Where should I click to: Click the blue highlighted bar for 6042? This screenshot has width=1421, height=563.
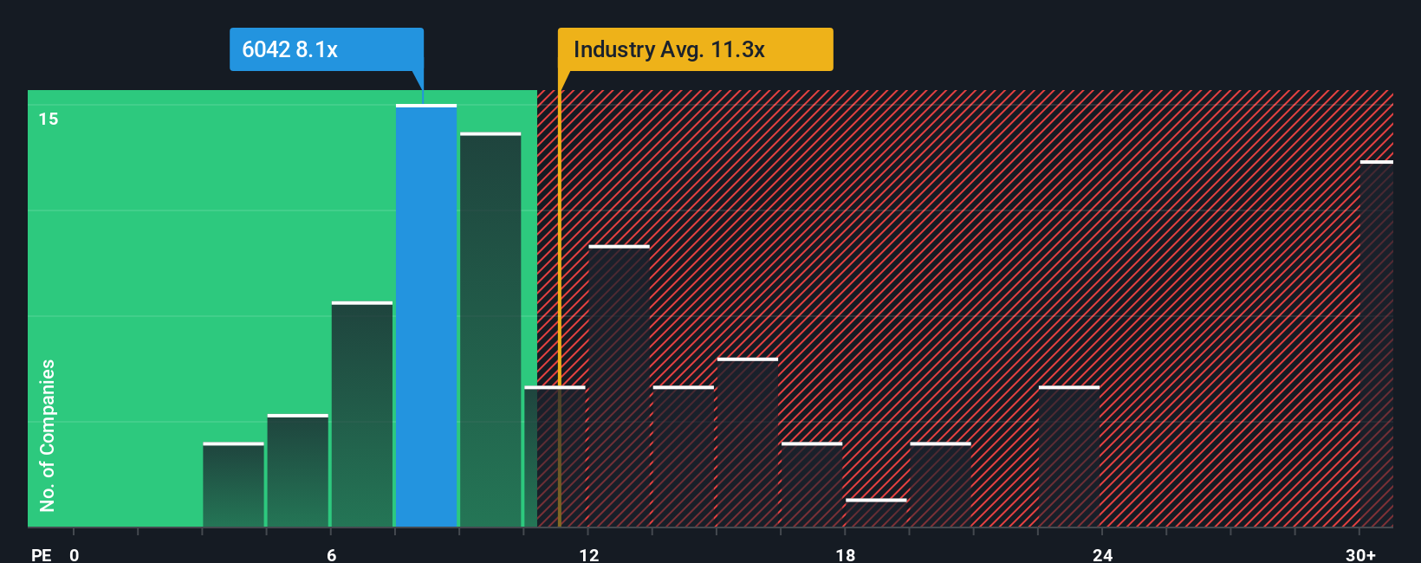tap(426, 316)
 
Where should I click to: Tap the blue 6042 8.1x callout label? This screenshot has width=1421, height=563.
tap(326, 49)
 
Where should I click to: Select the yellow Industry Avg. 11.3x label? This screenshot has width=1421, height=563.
tap(695, 49)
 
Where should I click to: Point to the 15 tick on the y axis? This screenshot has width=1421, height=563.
tap(49, 119)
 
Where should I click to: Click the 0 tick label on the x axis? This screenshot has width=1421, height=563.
tap(75, 554)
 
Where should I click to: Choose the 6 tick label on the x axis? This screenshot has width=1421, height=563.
tap(332, 554)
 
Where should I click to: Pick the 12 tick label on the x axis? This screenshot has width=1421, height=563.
tap(589, 554)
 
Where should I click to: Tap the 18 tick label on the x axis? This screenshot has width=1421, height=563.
tap(846, 554)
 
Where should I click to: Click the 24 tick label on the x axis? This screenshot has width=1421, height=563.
tap(1102, 554)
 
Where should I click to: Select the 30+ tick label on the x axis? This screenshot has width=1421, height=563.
tap(1360, 554)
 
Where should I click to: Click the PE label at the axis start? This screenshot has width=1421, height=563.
tap(41, 554)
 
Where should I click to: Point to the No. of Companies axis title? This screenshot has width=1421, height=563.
tap(48, 435)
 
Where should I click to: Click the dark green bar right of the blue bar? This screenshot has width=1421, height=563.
tap(490, 330)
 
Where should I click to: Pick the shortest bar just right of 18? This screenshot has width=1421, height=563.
tap(876, 513)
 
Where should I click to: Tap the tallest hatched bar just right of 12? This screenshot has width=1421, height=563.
tap(619, 386)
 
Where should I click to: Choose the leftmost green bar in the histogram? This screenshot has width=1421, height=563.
tap(233, 485)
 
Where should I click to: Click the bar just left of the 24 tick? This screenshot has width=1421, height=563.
tap(1069, 456)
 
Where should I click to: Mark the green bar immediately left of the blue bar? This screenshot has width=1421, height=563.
tap(362, 414)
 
